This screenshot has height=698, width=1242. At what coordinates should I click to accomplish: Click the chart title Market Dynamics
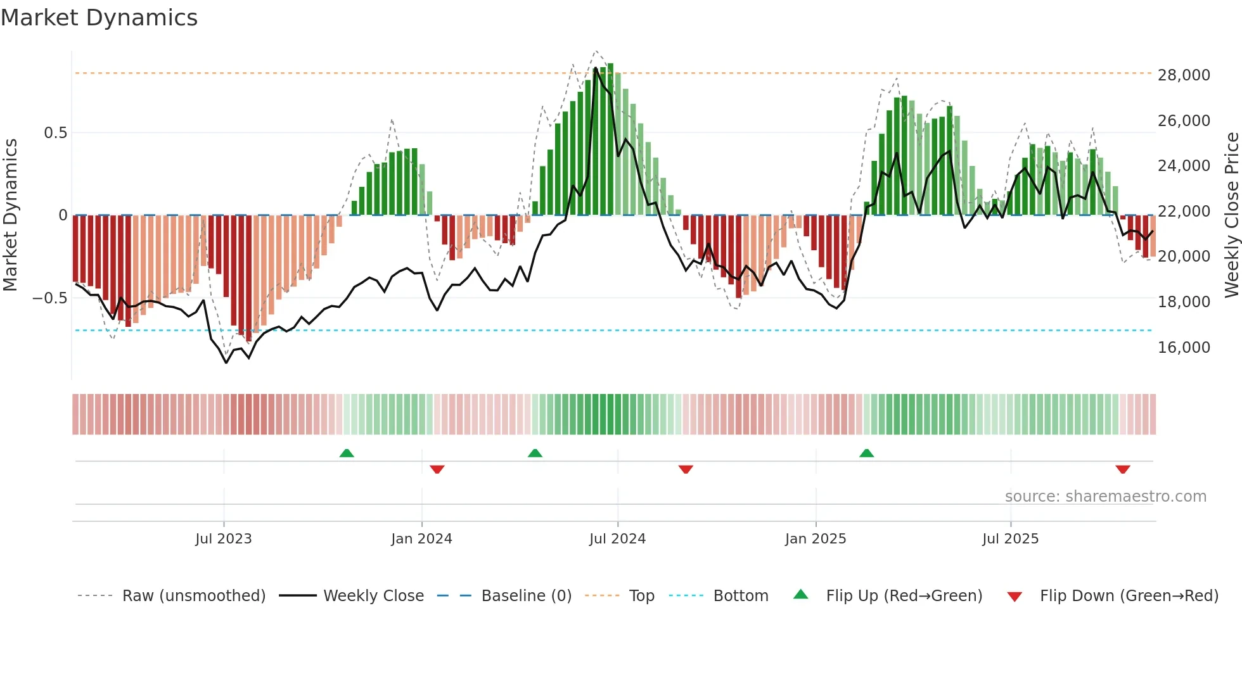pyautogui.click(x=99, y=18)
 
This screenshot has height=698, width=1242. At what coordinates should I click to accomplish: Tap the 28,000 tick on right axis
pyautogui.click(x=1184, y=75)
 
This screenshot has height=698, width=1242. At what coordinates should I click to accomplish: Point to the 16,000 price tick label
pyautogui.click(x=1184, y=347)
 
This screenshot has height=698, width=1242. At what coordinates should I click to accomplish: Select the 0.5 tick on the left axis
pyautogui.click(x=55, y=133)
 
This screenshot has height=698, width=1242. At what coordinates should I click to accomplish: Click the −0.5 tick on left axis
pyautogui.click(x=50, y=298)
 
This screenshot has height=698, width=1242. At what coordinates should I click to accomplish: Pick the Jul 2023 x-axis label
pyautogui.click(x=223, y=539)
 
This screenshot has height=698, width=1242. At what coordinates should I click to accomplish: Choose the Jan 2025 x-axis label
pyautogui.click(x=815, y=539)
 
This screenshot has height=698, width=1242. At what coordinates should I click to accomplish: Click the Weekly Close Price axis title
pyautogui.click(x=1231, y=215)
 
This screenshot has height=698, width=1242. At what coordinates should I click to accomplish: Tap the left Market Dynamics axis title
pyautogui.click(x=11, y=215)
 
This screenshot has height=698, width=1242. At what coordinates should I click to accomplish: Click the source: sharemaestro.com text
pyautogui.click(x=1105, y=497)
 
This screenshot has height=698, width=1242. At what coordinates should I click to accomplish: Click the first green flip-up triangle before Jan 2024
pyautogui.click(x=347, y=454)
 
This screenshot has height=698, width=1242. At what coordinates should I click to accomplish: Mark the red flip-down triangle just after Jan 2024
pyautogui.click(x=437, y=469)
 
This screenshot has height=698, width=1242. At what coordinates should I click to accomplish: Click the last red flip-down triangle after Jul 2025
pyautogui.click(x=1123, y=469)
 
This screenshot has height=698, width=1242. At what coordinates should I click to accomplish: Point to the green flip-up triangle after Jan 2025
pyautogui.click(x=866, y=454)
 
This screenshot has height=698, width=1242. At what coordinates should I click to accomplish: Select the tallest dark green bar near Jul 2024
pyautogui.click(x=610, y=139)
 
